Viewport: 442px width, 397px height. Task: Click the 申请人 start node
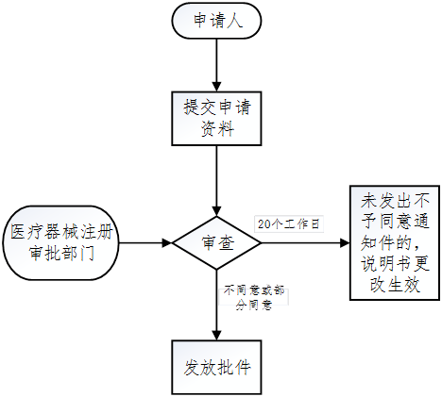point(218,21)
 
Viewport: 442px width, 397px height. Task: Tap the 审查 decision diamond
point(218,242)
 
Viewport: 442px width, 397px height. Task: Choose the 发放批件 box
point(218,366)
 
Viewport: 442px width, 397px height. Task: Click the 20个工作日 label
point(289,224)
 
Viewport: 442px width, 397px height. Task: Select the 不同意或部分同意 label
point(253,299)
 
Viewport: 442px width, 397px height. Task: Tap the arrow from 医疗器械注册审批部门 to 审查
point(146,242)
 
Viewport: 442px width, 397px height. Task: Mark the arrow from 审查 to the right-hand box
point(302,242)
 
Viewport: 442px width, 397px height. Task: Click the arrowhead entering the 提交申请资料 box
point(218,86)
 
